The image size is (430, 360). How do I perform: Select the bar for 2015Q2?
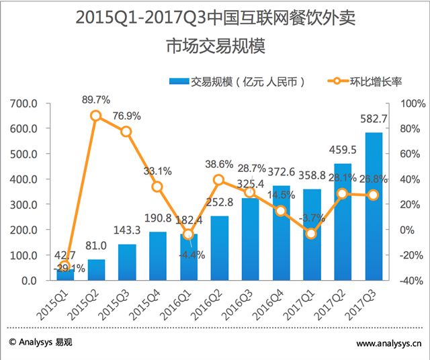pos(95,269)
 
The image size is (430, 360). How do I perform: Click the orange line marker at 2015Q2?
pos(95,116)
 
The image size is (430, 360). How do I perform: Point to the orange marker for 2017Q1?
pos(311,234)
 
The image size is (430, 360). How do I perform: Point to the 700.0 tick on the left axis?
pos(23,103)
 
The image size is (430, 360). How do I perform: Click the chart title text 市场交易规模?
pos(215,47)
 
